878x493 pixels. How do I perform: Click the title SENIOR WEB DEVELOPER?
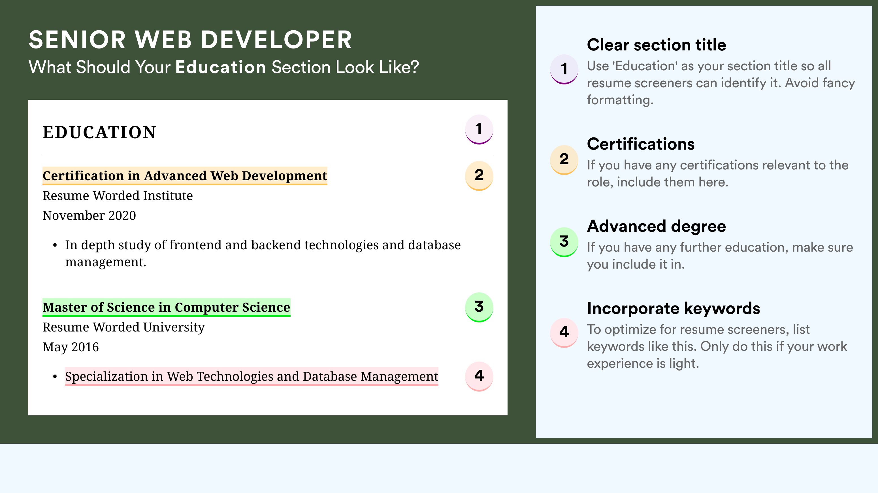tap(190, 40)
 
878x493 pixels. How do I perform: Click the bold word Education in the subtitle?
tap(221, 67)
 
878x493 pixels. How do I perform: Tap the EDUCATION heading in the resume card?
tap(99, 132)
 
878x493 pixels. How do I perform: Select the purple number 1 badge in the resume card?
tap(479, 129)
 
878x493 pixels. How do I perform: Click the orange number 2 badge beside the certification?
tap(479, 176)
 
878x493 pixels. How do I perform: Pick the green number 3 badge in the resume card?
tap(479, 307)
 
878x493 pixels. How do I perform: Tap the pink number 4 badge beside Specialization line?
tap(479, 376)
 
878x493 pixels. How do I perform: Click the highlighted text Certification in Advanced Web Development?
tap(185, 176)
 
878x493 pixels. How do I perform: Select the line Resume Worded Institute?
tap(118, 196)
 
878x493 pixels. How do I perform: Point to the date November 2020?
tap(89, 215)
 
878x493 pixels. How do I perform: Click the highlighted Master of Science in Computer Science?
tap(166, 307)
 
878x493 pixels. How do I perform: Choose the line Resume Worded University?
tap(124, 327)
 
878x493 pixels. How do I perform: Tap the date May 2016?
tap(71, 347)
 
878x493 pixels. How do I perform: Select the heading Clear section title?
tap(657, 45)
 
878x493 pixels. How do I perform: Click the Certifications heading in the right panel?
tap(641, 144)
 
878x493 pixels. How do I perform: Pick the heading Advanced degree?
tap(657, 226)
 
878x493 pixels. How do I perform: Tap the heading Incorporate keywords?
tap(674, 308)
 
